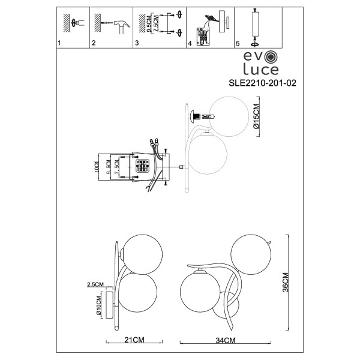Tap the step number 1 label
[59, 44]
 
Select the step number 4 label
[190, 44]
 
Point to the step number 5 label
[238, 44]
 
